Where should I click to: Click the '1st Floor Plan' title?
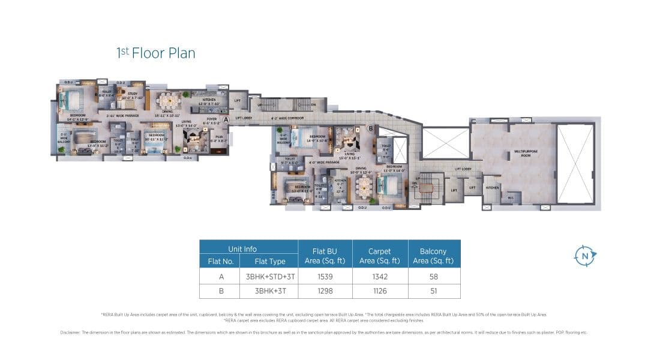(155, 53)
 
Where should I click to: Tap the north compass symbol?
(584, 256)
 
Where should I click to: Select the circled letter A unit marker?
(226, 119)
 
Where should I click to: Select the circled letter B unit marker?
(370, 128)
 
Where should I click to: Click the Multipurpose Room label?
(522, 154)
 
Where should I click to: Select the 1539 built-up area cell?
(325, 277)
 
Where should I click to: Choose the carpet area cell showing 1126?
(379, 292)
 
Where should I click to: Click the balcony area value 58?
(434, 277)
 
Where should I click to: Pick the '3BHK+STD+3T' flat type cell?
(268, 277)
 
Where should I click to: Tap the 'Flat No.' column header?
(219, 261)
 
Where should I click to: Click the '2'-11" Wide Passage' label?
(122, 115)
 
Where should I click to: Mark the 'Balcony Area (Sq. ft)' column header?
(434, 256)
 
